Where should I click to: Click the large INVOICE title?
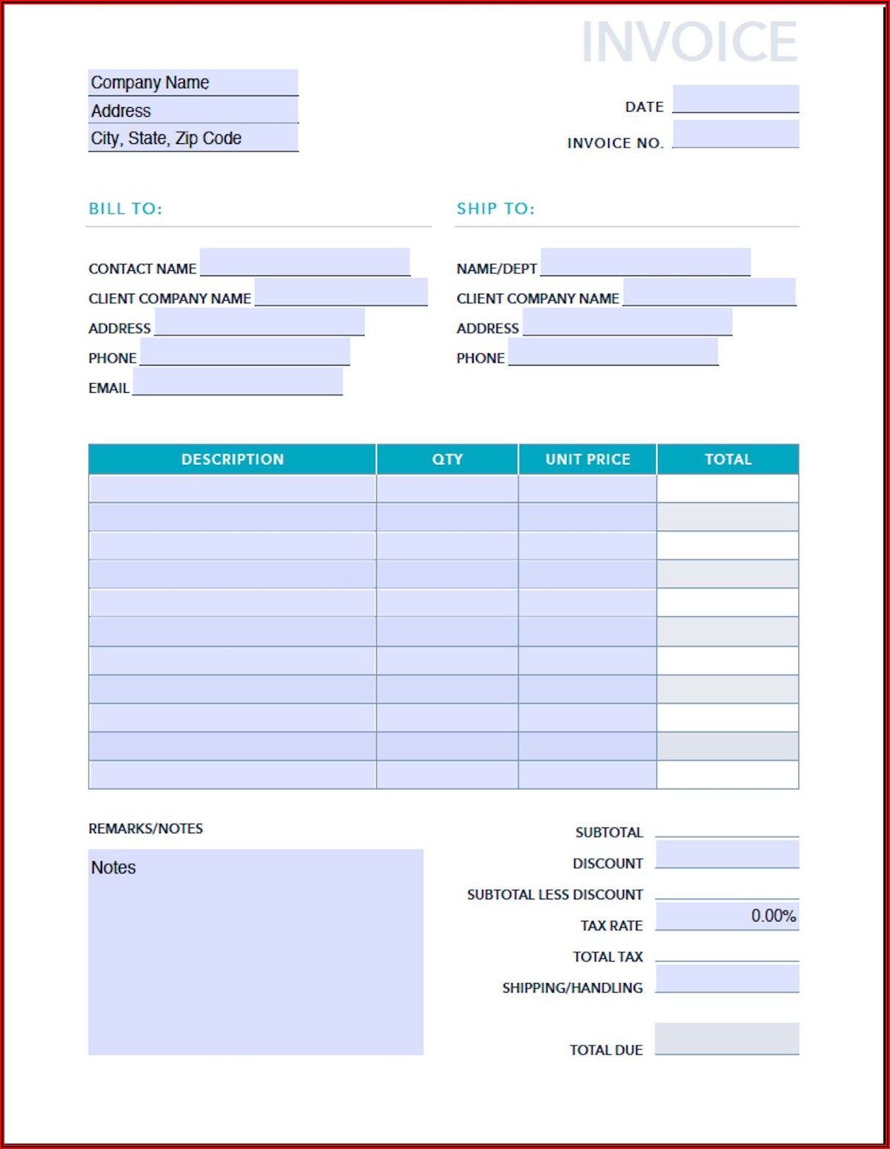coord(689,42)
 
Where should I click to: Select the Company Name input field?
coord(193,82)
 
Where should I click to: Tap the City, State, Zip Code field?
coord(193,138)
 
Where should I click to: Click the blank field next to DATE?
coord(736,99)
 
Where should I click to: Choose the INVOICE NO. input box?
coord(736,134)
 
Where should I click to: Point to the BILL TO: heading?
coord(125,209)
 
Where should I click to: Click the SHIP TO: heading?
coord(496,209)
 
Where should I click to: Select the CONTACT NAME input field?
coord(305,262)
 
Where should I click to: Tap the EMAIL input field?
coord(238,382)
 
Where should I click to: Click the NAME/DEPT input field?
coord(645,262)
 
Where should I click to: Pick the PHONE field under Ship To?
coord(613,352)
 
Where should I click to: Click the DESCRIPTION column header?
coord(232,460)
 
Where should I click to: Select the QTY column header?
coord(447,460)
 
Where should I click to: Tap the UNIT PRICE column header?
coord(587,460)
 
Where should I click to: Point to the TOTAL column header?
coord(728,460)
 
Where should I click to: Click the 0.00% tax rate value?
coord(773,916)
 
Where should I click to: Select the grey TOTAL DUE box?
coord(727,1039)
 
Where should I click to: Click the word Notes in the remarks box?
coord(113,868)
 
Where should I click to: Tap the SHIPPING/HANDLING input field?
coord(727,979)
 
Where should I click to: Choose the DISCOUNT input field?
coord(727,855)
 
